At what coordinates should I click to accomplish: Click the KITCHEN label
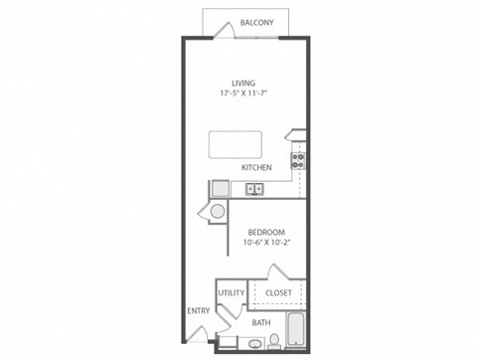point(256,168)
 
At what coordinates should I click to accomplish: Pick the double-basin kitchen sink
point(254,187)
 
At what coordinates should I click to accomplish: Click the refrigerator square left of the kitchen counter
point(218,189)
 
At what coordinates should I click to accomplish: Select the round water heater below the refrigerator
point(216,212)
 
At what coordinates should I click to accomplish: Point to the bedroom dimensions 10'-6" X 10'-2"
point(264,241)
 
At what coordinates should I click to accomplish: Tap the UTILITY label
point(231,293)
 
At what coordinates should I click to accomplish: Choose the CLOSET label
point(277,293)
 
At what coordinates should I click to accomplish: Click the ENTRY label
point(197,310)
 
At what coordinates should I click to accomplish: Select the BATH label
point(260,322)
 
